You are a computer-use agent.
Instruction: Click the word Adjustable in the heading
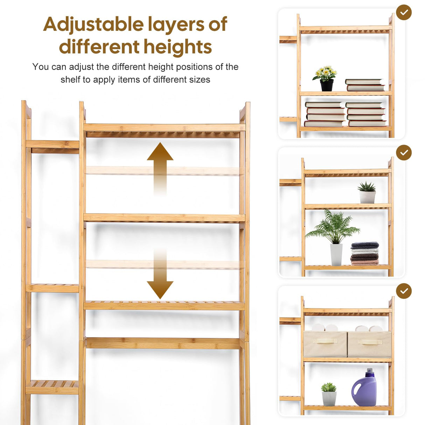pos(93,25)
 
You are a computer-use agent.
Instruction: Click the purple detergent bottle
pos(364,389)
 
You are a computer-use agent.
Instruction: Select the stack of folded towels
pos(365,253)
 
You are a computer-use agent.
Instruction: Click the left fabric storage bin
pos(325,344)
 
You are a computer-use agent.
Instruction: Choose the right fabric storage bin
pos(369,344)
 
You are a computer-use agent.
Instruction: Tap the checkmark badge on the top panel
pos(404,12)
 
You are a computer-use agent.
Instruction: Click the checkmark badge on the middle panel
pos(404,153)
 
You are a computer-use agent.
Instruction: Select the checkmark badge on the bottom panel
pos(404,291)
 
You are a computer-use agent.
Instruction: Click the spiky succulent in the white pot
pos(367,192)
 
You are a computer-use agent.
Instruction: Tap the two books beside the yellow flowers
pos(365,85)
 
